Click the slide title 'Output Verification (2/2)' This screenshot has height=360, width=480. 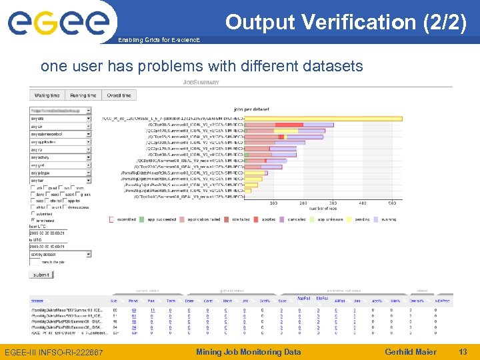click(x=345, y=22)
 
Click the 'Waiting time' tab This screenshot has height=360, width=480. click(x=47, y=96)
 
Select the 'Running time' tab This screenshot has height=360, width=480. click(x=83, y=96)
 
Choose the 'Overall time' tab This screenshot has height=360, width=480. click(x=119, y=96)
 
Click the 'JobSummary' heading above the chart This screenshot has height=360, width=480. click(x=201, y=83)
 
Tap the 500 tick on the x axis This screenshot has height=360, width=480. click(x=392, y=203)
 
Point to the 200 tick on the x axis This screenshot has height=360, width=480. click(x=303, y=203)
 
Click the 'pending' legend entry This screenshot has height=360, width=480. click(x=361, y=219)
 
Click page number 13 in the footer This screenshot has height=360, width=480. click(x=462, y=352)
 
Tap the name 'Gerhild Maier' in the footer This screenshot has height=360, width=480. click(x=411, y=352)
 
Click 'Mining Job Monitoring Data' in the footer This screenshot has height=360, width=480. click(x=248, y=352)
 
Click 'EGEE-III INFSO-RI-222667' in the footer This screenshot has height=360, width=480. click(x=53, y=352)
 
